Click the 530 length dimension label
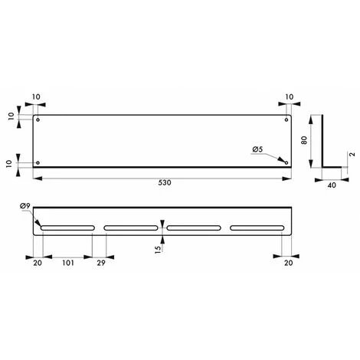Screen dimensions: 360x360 tap(165, 184)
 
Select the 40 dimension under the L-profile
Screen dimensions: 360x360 tap(332, 184)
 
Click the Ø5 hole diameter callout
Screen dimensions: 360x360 tap(258, 149)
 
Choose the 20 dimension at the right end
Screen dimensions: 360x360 tap(286, 261)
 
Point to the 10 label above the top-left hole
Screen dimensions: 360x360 tap(38, 97)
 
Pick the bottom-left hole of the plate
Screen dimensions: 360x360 tap(39, 162)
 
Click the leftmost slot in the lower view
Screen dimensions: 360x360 tap(67, 227)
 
